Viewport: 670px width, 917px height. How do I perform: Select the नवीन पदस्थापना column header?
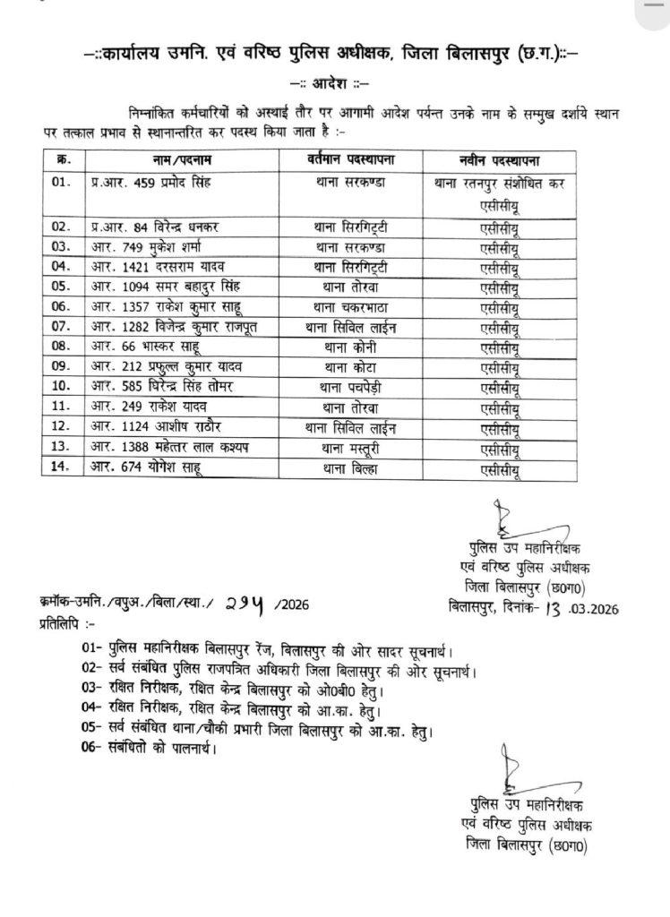pyautogui.click(x=502, y=160)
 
